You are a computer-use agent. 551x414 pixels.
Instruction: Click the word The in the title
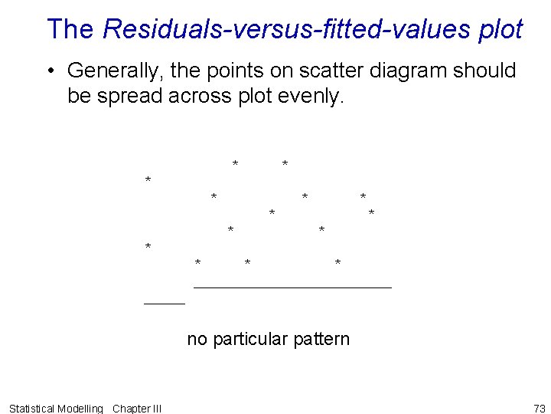[70, 29]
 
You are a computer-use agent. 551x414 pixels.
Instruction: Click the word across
[201, 97]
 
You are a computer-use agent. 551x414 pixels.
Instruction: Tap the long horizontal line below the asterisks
[293, 287]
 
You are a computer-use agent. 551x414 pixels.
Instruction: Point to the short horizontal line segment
[165, 304]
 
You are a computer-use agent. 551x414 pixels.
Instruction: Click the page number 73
[539, 408]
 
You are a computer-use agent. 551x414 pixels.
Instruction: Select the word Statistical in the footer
[32, 408]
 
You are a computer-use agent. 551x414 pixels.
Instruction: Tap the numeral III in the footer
[155, 408]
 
